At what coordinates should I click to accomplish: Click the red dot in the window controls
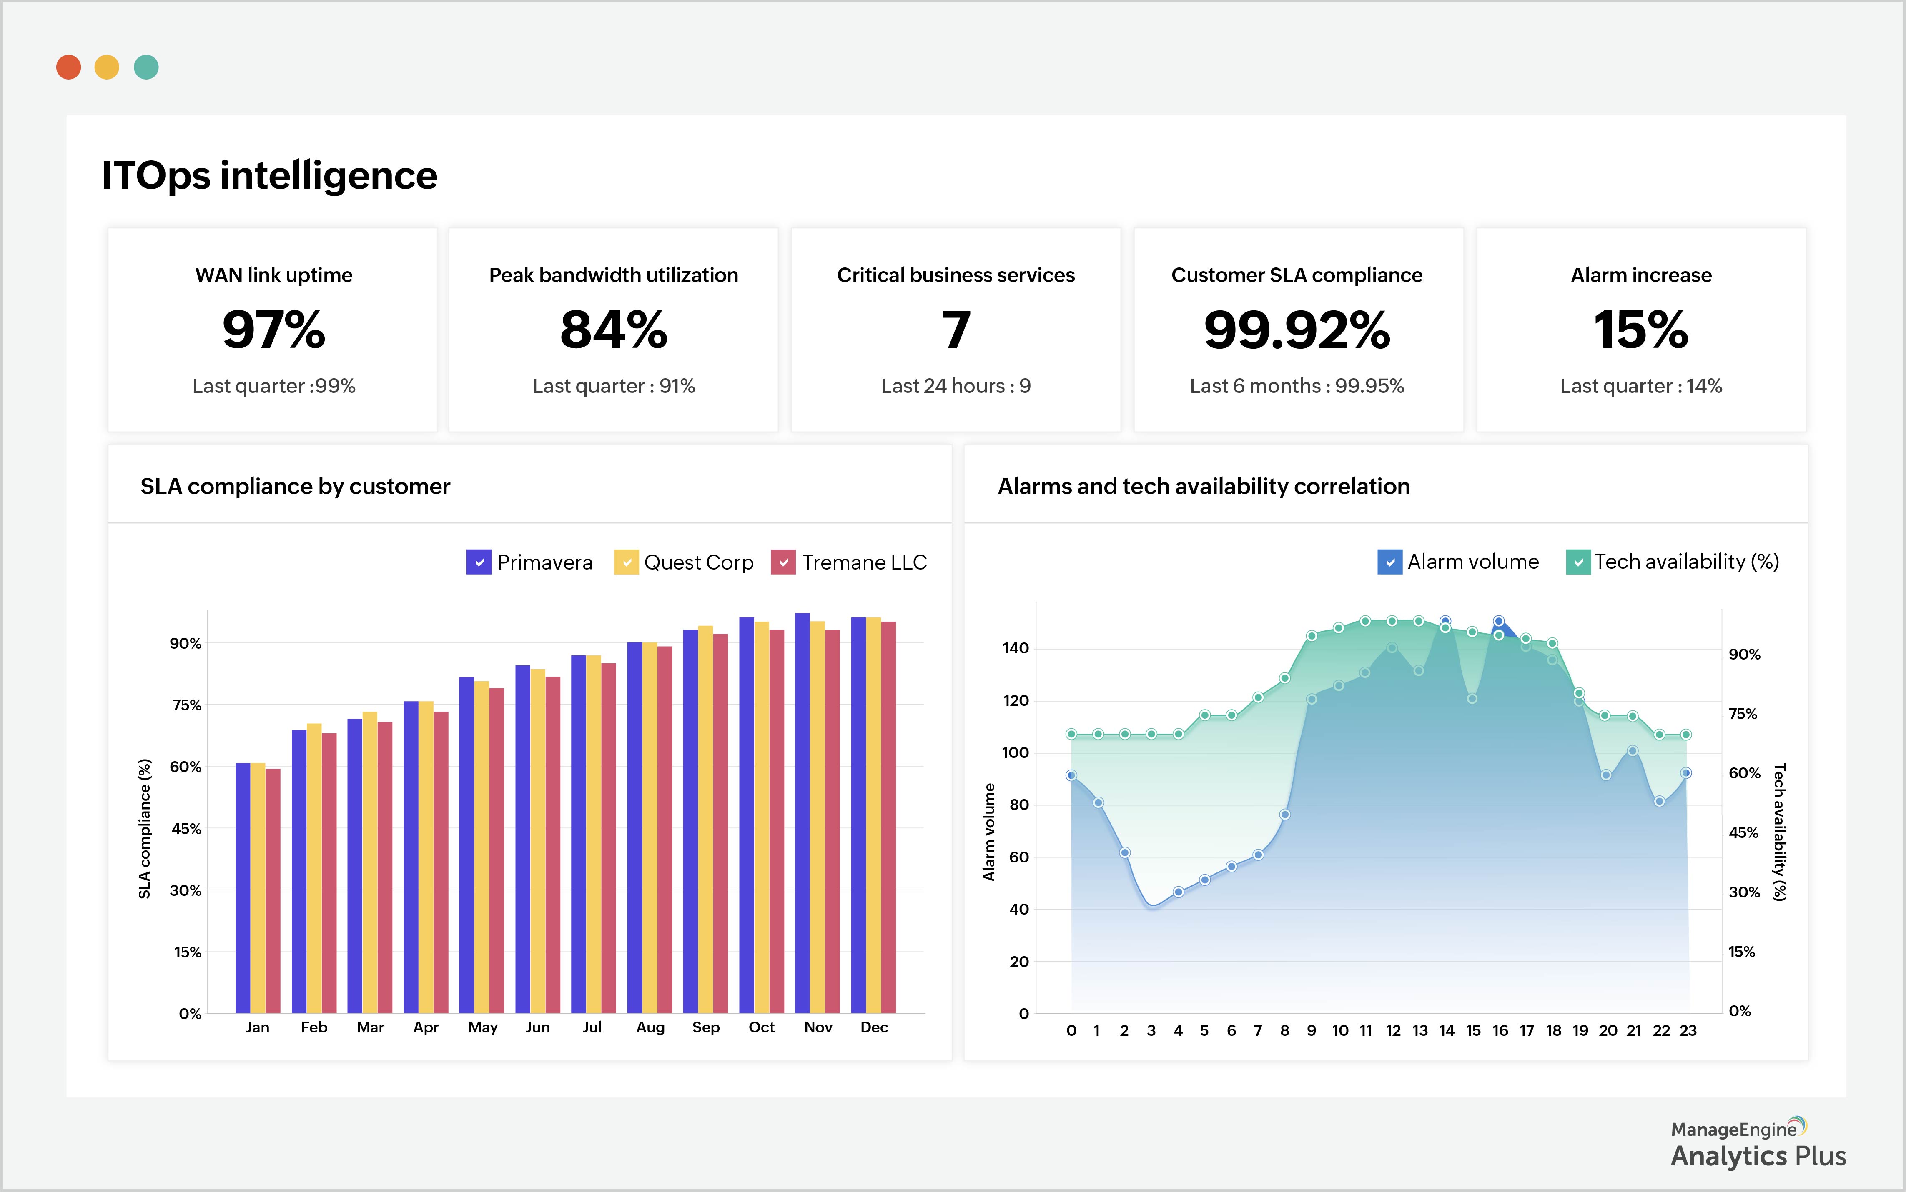(69, 67)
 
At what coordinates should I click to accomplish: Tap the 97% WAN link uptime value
(273, 330)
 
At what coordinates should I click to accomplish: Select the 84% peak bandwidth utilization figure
(614, 330)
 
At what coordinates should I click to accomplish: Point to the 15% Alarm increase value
(1640, 330)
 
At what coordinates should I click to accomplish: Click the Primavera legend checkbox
(479, 562)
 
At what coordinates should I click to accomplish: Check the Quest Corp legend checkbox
(626, 562)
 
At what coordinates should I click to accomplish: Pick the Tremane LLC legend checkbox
(783, 562)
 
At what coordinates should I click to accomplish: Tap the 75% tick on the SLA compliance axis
(187, 705)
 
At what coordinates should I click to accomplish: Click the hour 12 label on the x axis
(1393, 1030)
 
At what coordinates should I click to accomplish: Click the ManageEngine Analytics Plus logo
(1758, 1143)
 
